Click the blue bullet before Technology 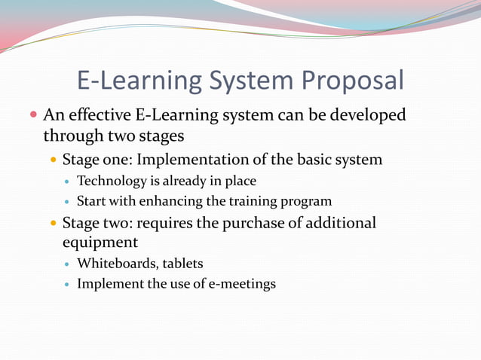point(67,182)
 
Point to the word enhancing point(170,201)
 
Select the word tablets point(182,264)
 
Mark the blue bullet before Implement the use point(67,285)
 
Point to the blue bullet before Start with point(67,202)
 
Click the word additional point(339,223)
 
